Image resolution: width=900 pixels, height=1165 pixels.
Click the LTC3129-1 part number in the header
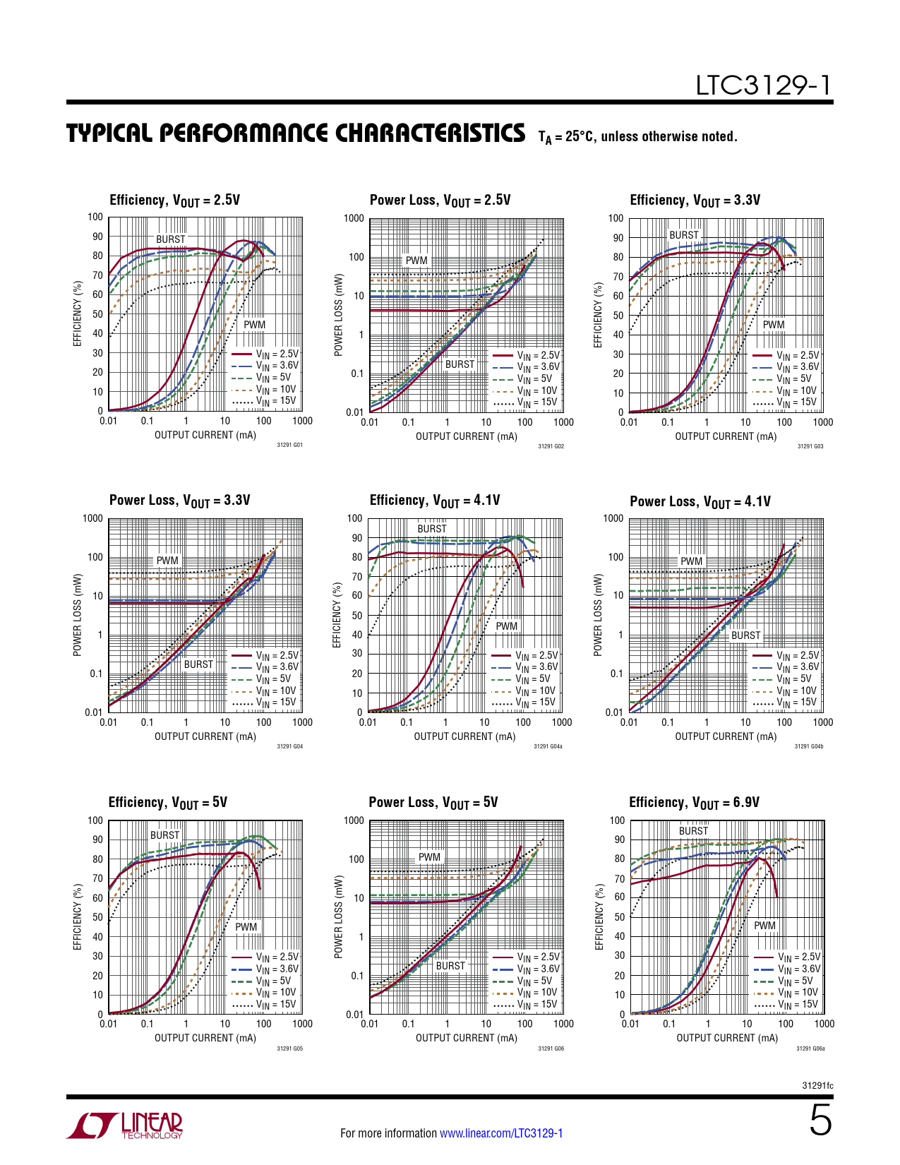click(x=763, y=85)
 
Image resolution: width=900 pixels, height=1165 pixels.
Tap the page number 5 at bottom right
click(x=820, y=1121)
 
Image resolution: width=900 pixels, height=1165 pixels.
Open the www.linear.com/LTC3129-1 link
click(x=501, y=1133)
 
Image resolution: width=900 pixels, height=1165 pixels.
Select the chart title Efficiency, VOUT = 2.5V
click(x=174, y=201)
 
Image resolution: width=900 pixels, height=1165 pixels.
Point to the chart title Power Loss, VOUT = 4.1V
click(x=700, y=502)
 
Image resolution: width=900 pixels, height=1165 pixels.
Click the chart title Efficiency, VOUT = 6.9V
click(x=694, y=803)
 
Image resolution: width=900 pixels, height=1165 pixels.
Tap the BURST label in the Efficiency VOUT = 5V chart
click(x=164, y=835)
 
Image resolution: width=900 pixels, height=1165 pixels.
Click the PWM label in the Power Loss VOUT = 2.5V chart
click(x=416, y=261)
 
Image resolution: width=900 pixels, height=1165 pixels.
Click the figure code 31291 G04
click(x=289, y=746)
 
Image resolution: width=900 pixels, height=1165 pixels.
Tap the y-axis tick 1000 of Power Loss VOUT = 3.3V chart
click(x=92, y=519)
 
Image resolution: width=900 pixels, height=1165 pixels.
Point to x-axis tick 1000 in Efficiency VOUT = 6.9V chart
click(x=824, y=1024)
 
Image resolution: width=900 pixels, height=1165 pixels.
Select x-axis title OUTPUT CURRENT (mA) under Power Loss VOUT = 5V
click(x=466, y=1038)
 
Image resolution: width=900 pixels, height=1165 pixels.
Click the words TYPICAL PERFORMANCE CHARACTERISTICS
click(x=296, y=133)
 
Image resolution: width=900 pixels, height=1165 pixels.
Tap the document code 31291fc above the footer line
click(x=817, y=1086)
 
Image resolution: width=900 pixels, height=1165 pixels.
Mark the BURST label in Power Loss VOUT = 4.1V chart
click(x=745, y=635)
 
